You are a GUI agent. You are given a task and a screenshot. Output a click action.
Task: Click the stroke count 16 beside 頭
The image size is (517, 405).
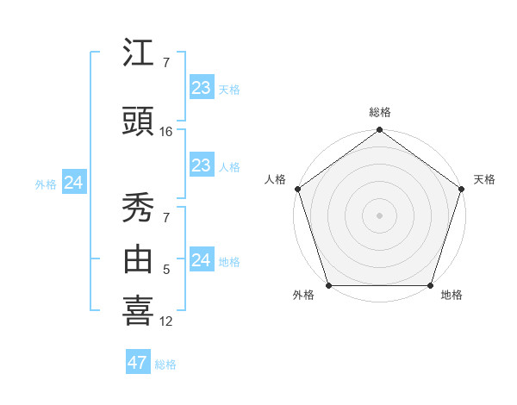point(166,132)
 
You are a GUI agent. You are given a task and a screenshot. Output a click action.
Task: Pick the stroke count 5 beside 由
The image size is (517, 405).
point(166,270)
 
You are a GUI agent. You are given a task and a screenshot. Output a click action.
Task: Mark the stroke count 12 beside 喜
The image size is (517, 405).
point(166,321)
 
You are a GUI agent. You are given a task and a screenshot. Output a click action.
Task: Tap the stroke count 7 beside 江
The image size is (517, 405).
point(166,63)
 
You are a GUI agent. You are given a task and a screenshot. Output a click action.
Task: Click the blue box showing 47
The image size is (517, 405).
point(137,363)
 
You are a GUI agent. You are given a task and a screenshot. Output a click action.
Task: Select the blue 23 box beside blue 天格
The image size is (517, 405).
point(201,88)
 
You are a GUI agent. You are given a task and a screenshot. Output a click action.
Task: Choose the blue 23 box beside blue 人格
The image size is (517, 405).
point(201,166)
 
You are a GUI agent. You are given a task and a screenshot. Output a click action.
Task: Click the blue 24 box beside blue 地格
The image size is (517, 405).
point(201,260)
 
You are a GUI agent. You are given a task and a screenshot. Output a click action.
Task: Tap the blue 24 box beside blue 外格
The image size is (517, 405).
point(73,183)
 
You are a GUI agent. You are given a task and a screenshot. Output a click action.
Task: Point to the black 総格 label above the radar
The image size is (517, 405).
point(380,112)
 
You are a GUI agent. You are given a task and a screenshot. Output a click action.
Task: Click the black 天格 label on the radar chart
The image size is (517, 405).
point(484,179)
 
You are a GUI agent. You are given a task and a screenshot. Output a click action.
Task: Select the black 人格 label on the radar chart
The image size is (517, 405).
point(275,179)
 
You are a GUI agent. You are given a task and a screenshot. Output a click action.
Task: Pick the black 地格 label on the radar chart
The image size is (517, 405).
point(452,296)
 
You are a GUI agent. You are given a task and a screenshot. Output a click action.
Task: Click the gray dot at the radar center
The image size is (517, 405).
point(380,215)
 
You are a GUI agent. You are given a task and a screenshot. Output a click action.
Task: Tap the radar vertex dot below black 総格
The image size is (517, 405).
point(380,131)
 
